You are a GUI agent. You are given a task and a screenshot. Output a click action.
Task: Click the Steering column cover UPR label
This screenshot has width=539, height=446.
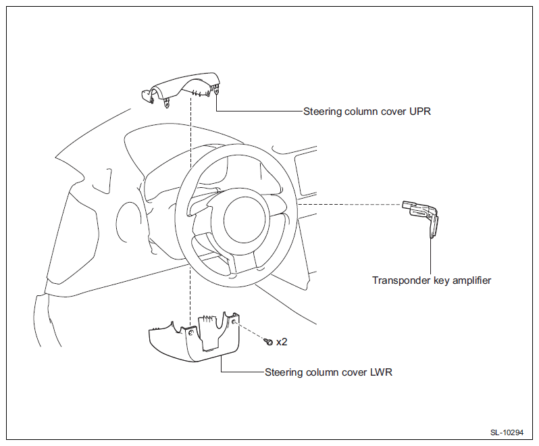coord(367,111)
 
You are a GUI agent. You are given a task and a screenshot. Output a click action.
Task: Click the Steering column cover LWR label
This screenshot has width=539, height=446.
coord(328,372)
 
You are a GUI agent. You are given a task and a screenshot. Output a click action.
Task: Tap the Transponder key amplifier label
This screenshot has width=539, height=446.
coord(432,280)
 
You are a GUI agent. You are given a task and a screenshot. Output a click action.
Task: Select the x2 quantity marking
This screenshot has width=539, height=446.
coord(282,342)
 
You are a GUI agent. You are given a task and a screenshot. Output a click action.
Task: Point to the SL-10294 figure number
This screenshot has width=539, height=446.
coord(507,432)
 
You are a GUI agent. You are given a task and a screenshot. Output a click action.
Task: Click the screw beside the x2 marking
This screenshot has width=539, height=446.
coord(268,341)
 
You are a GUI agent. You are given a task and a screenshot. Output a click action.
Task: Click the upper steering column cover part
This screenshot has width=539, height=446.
coord(181,90)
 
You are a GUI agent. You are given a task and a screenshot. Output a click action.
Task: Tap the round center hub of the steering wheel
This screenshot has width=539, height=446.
coord(245,220)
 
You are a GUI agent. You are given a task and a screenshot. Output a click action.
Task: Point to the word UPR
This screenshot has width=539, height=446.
coord(419,111)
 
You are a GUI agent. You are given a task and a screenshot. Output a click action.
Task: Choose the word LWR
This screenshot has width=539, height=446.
coord(381,372)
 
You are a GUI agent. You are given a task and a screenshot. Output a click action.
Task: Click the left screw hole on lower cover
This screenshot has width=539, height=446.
coord(191,332)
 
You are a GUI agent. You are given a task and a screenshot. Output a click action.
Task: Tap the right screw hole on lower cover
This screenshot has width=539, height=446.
coord(234,322)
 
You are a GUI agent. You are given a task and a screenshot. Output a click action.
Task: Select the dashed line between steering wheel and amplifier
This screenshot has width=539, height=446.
coord(350,205)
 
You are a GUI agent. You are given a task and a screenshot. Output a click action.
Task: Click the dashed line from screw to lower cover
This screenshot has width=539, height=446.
coord(251,331)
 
